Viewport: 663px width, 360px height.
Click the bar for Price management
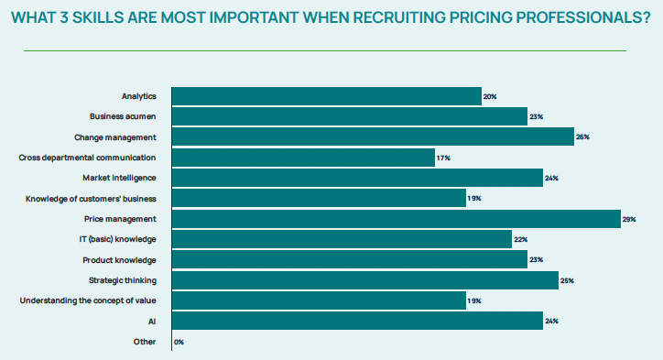point(396,219)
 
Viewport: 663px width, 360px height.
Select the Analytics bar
point(326,96)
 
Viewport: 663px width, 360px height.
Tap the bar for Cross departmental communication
point(303,158)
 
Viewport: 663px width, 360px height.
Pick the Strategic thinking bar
point(364,280)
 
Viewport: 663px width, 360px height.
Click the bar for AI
point(357,322)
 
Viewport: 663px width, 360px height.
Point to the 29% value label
point(630,220)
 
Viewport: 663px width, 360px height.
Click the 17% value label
point(443,158)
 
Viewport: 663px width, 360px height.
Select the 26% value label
point(582,137)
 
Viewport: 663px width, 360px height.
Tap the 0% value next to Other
point(179,343)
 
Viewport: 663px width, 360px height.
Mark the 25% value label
point(568,281)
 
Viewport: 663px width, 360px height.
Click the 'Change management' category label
point(115,137)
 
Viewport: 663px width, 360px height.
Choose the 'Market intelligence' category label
point(119,178)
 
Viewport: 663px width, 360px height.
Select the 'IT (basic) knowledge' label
point(117,239)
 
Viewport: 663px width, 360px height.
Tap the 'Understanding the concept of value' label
point(88,300)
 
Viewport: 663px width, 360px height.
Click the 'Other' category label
point(143,342)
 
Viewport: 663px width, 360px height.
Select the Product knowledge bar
point(349,260)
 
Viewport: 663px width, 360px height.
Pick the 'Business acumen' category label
point(123,116)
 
